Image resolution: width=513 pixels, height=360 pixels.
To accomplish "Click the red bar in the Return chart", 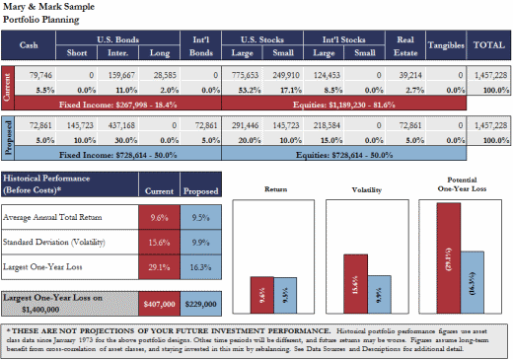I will click(260, 297).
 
